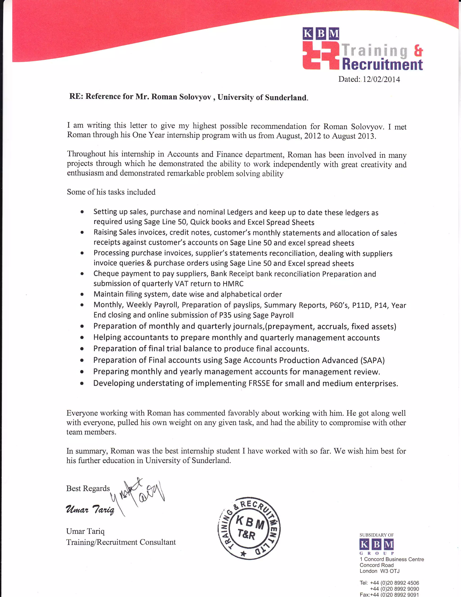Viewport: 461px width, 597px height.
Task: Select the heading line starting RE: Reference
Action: tap(189, 97)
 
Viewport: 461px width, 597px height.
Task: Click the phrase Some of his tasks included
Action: tap(111, 192)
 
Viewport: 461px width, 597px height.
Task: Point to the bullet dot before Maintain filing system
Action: tap(82, 295)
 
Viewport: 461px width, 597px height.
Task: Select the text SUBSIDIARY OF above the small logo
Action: tap(376, 535)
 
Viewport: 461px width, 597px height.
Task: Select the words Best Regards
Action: tap(88, 488)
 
